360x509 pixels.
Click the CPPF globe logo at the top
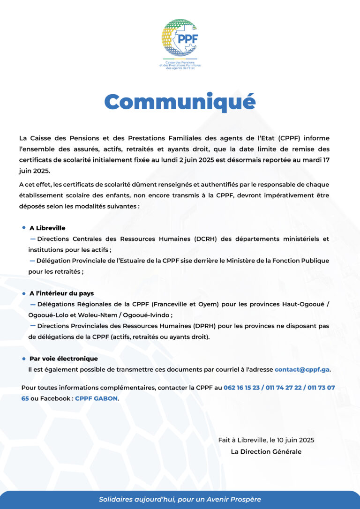[180, 38]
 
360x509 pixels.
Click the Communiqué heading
[180, 102]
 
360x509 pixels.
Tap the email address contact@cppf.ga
[302, 369]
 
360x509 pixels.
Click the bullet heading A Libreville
[47, 228]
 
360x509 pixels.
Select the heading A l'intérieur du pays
[61, 293]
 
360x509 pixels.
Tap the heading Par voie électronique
[64, 359]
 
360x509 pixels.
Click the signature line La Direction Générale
[266, 452]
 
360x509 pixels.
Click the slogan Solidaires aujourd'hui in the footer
[180, 500]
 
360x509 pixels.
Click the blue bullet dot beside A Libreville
[23, 228]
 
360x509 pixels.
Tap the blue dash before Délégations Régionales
[32, 304]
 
